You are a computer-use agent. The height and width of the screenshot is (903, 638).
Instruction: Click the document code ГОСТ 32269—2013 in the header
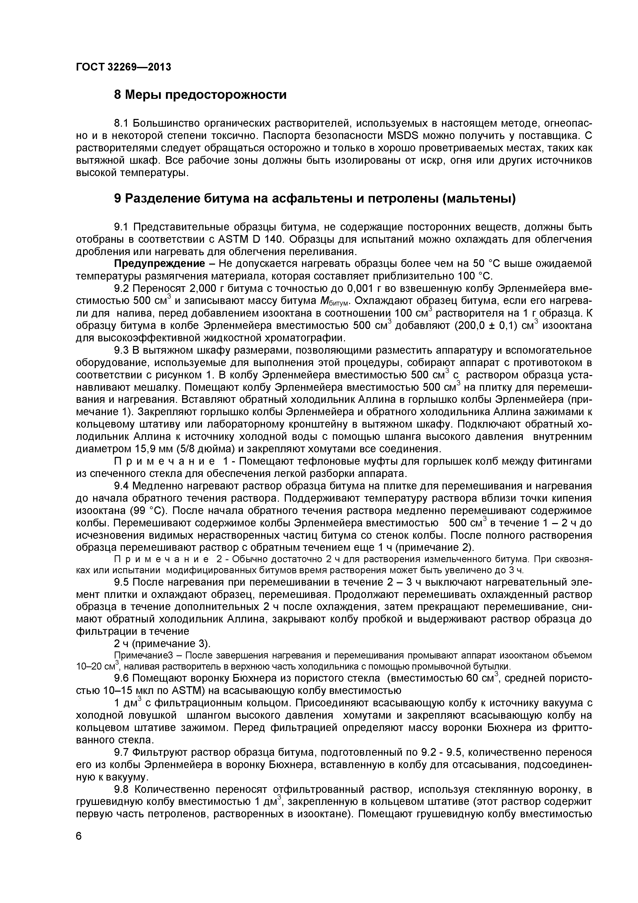123,67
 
